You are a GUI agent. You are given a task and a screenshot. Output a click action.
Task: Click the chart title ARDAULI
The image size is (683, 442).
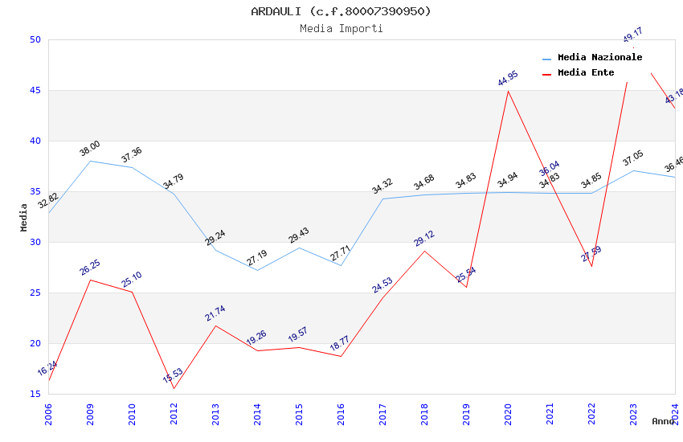pyautogui.click(x=341, y=11)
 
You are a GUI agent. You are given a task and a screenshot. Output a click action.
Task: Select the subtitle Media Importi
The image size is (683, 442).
pyautogui.click(x=341, y=28)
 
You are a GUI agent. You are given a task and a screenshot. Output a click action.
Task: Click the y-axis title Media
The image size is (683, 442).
pyautogui.click(x=24, y=217)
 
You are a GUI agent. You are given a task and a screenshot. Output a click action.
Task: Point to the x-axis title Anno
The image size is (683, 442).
pyautogui.click(x=663, y=421)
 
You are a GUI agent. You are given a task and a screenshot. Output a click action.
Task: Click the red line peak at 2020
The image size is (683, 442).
pyautogui.click(x=508, y=91)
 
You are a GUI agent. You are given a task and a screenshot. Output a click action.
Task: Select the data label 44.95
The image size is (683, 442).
pyautogui.click(x=508, y=78)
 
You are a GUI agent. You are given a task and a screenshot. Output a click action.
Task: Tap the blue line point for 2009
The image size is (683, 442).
pyautogui.click(x=90, y=161)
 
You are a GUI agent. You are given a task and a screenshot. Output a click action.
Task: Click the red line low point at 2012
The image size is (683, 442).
pyautogui.click(x=174, y=389)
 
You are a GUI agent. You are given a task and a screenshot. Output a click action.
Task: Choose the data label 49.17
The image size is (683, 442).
pyautogui.click(x=633, y=35)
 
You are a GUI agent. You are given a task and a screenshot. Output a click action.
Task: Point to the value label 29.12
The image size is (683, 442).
pyautogui.click(x=424, y=239)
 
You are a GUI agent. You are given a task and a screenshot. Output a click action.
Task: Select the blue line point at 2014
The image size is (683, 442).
pyautogui.click(x=257, y=270)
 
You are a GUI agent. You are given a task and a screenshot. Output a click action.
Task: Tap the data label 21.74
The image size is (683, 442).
pyautogui.click(x=215, y=313)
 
